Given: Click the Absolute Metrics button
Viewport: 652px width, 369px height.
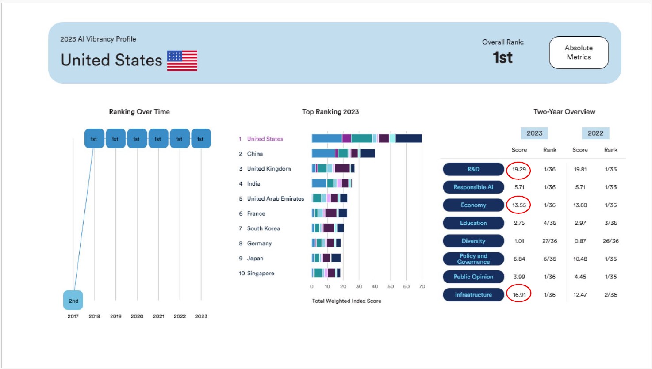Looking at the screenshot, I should pos(579,53).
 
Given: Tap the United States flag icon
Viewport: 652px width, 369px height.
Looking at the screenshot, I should pos(182,61).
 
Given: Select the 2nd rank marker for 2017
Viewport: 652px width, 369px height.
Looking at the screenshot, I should pos(73,301).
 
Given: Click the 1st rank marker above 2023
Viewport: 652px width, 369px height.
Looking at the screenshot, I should pos(201,139).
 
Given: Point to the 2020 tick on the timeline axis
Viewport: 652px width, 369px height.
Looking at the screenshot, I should pos(137,316).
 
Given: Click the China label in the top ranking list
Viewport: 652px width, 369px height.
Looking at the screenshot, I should pos(255,154).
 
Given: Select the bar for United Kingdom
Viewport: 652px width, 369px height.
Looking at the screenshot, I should pos(333,168).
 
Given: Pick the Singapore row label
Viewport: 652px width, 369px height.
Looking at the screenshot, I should pos(261,274).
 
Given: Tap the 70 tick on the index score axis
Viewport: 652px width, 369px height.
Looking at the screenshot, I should pos(422,286).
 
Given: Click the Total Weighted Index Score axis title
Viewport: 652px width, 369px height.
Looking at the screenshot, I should pos(346,301).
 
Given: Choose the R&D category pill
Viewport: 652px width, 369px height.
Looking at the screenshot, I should pos(473,169).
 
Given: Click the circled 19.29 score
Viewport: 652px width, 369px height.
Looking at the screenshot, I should pos(519,169).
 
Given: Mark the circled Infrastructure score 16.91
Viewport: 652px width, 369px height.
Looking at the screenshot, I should pos(519,295).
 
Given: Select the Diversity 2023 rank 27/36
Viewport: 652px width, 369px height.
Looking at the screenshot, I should pos(549,241).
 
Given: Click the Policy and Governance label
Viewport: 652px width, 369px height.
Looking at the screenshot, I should pos(473,259).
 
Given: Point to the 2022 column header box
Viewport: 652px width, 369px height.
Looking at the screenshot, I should pos(595,133).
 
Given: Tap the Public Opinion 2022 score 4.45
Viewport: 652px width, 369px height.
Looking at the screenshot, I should pos(580,277).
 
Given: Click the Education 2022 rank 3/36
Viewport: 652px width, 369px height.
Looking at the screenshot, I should pos(610,223).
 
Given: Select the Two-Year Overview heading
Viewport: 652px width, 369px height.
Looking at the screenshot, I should pos(564,112).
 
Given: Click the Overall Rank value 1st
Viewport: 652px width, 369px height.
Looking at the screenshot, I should pos(503,58).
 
